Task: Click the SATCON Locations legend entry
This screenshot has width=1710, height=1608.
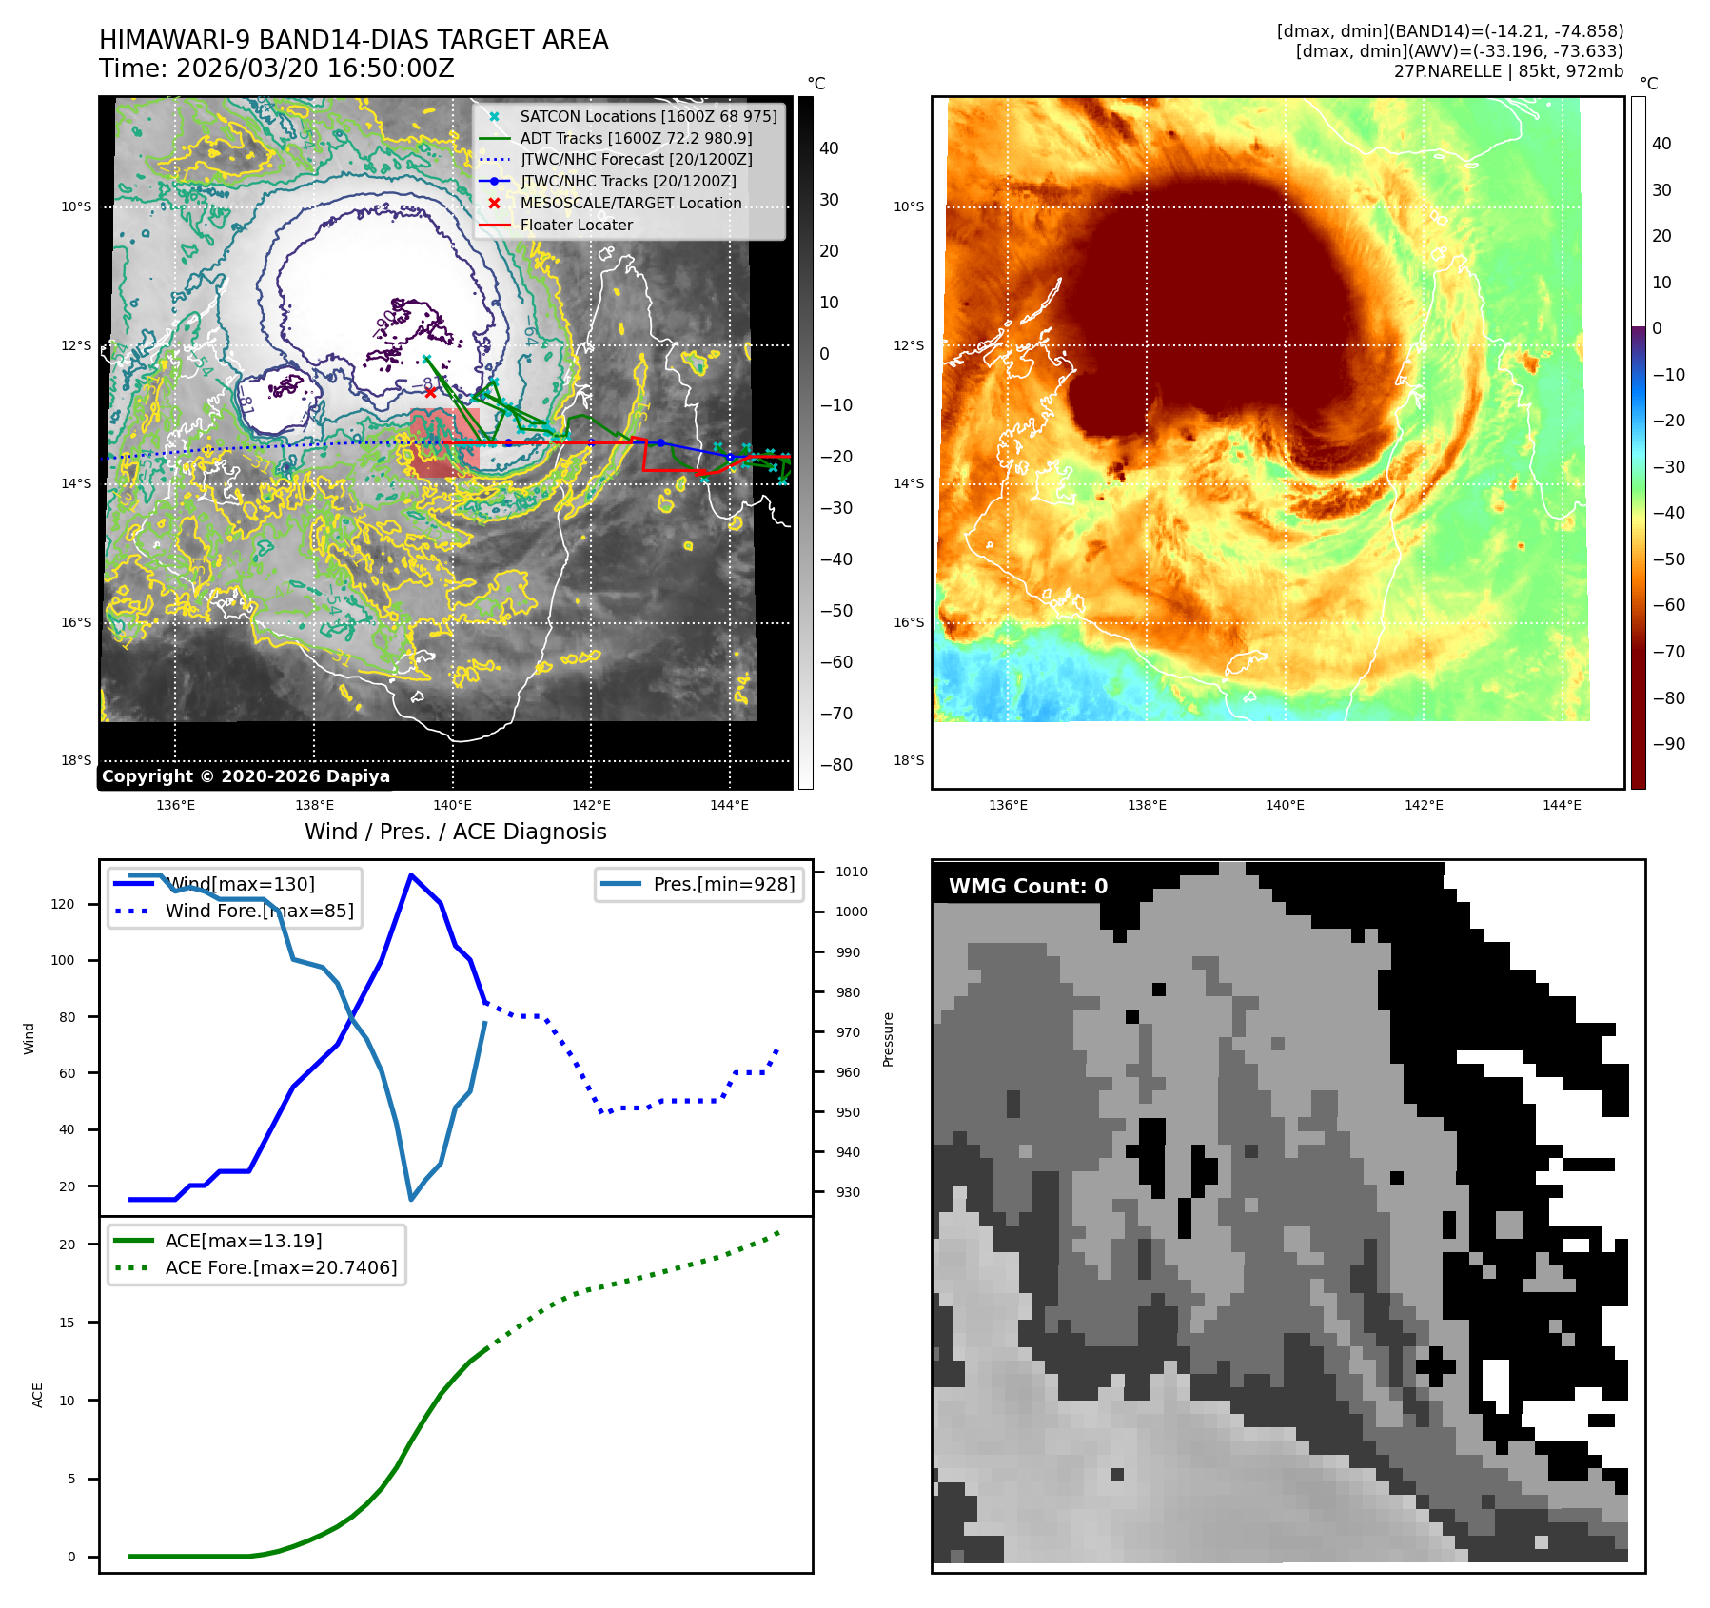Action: click(648, 116)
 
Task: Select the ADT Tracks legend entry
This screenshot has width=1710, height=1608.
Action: click(636, 138)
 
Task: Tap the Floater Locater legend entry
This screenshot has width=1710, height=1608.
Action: click(576, 225)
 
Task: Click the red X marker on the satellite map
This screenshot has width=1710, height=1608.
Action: click(430, 392)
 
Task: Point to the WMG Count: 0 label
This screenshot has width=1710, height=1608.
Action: click(1028, 886)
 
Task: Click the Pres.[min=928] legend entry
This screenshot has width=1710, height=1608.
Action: click(723, 884)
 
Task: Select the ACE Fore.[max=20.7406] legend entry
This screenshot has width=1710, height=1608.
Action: click(281, 1267)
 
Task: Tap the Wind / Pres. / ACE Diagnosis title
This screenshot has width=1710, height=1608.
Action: click(455, 832)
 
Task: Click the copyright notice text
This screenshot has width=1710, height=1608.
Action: click(246, 776)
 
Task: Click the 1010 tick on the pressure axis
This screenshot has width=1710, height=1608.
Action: click(851, 872)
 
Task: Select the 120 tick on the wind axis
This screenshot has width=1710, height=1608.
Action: click(63, 904)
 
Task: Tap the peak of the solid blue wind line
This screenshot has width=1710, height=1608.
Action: click(411, 874)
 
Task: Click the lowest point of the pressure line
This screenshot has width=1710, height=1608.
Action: click(411, 1199)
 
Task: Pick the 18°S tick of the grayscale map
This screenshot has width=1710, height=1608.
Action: click(76, 760)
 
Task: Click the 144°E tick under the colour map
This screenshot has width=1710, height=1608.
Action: click(1562, 805)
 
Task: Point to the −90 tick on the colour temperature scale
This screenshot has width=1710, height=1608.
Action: click(1668, 744)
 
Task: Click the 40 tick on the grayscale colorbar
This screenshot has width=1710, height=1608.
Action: click(829, 148)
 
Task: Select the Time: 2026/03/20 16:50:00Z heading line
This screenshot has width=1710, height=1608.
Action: click(276, 69)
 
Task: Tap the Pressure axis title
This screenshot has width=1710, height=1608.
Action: click(888, 1039)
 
